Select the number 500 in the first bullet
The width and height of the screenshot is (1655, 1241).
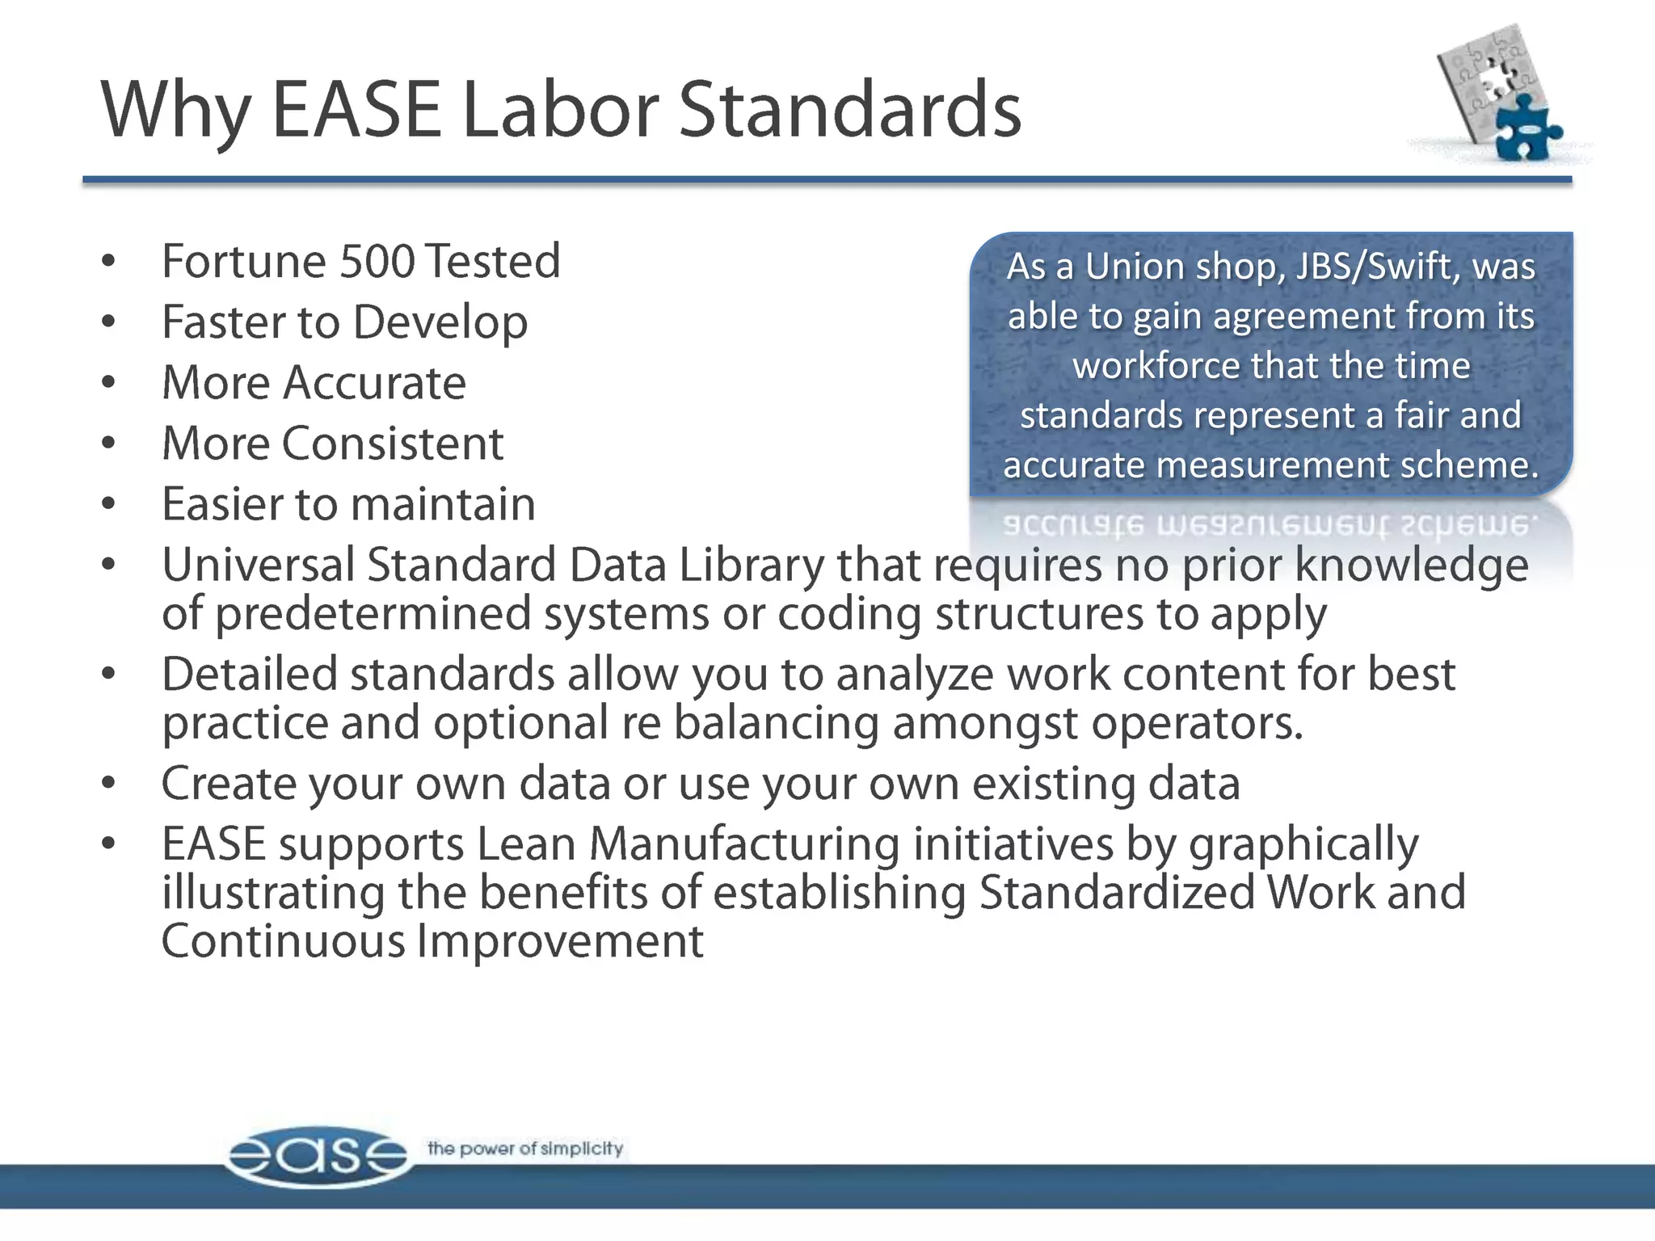[x=379, y=261]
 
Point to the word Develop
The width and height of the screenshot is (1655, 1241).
[x=440, y=322]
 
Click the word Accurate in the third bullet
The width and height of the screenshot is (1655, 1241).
[x=374, y=383]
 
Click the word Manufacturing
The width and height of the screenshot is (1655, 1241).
[x=744, y=844]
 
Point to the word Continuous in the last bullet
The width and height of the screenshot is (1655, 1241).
[x=283, y=942]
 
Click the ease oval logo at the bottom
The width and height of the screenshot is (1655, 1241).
[x=317, y=1156]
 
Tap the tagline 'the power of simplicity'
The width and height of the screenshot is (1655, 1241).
[x=525, y=1148]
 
